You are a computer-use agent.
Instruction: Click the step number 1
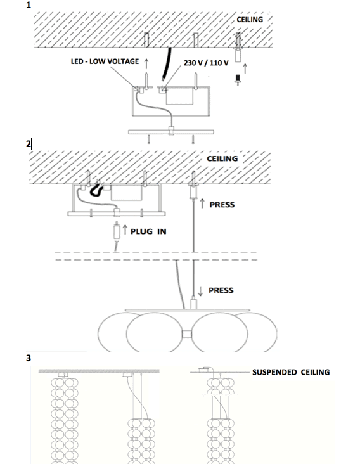[x=29, y=5]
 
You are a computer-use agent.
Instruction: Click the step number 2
[x=28, y=144]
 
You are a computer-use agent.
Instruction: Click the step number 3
[x=29, y=358]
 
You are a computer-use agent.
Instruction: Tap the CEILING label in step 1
[x=250, y=20]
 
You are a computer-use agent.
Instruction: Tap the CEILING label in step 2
[x=222, y=158]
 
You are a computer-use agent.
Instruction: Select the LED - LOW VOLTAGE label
[x=105, y=61]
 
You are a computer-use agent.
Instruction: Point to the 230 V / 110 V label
[x=206, y=63]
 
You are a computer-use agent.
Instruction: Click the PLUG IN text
[x=148, y=231]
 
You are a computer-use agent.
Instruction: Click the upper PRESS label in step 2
[x=222, y=205]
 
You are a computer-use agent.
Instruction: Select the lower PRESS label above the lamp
[x=221, y=290]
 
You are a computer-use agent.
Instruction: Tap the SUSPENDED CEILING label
[x=291, y=372]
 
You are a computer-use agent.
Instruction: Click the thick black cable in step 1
[x=167, y=64]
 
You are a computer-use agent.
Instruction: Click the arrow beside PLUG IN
[x=125, y=230]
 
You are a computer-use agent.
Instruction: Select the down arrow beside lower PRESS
[x=200, y=291]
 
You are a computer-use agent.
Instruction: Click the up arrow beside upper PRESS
[x=202, y=203]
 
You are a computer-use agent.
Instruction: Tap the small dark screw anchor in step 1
[x=237, y=80]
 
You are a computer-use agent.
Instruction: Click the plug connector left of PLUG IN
[x=117, y=231]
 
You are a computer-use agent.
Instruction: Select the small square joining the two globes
[x=187, y=334]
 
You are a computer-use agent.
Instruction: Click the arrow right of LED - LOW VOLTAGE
[x=146, y=63]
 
